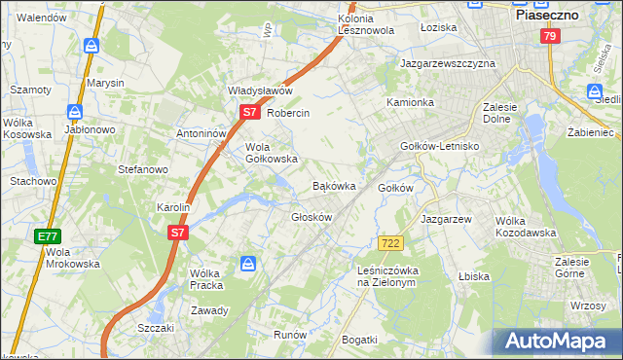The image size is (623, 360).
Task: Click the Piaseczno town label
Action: pos(546,16)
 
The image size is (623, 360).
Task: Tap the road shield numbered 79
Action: pos(550,36)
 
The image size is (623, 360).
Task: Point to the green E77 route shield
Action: pos(48,236)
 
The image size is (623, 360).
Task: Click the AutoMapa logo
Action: pos(558,341)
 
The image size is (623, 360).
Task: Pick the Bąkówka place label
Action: pos(333,185)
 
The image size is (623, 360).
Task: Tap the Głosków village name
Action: pos(312,217)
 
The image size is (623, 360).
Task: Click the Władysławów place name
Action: pos(260,90)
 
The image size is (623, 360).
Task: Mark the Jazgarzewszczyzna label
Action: pos(448,63)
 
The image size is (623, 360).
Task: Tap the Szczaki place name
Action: pos(156,328)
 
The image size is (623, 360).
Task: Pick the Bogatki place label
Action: pos(359,339)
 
